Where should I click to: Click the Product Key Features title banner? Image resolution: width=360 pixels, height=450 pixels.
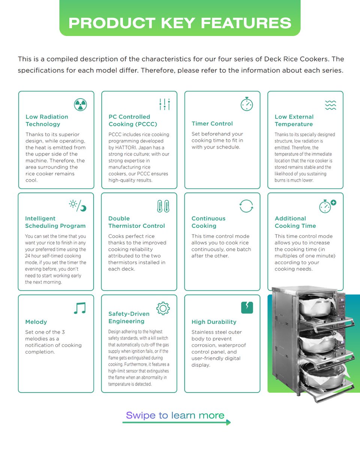coord(180,22)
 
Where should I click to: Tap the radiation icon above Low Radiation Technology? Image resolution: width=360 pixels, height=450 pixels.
coord(80,104)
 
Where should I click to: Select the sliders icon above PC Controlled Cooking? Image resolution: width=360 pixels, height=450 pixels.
coord(164,104)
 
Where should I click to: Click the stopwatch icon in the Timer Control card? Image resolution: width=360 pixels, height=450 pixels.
coord(246,104)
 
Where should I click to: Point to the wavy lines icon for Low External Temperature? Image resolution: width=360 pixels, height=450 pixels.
coord(330,105)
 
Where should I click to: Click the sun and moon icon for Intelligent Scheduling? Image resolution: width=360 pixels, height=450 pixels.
coord(78,205)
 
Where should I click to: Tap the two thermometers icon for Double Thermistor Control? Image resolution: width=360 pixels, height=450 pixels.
coord(163,206)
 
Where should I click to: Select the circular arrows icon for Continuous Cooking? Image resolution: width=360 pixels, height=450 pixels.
coord(246,206)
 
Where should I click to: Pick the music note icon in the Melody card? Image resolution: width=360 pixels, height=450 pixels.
coord(79,308)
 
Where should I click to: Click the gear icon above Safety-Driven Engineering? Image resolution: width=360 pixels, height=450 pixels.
coord(163,308)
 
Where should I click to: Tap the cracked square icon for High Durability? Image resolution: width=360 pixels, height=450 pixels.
coord(247,307)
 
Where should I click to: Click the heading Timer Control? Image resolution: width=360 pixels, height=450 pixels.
coord(212,124)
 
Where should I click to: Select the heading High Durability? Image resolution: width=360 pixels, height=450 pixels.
coord(214,322)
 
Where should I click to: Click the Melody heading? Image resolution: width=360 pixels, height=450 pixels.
coord(36,322)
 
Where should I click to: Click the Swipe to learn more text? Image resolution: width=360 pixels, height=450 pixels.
coord(175,415)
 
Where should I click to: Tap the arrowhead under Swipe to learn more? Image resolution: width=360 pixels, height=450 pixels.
coord(228,423)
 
